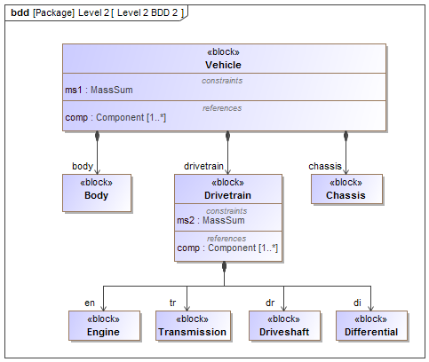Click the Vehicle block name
223,65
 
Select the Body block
96,193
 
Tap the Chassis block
346,193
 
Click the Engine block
103,327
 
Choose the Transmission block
192,327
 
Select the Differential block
371,327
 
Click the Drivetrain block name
228,195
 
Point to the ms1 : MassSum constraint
99,90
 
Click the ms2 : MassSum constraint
211,220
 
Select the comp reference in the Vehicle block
115,117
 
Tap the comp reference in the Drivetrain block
227,248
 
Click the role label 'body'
83,166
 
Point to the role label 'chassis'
325,166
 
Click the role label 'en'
90,303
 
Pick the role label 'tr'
175,303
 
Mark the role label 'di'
356,303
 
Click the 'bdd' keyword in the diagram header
20,13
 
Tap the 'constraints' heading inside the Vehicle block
223,80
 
